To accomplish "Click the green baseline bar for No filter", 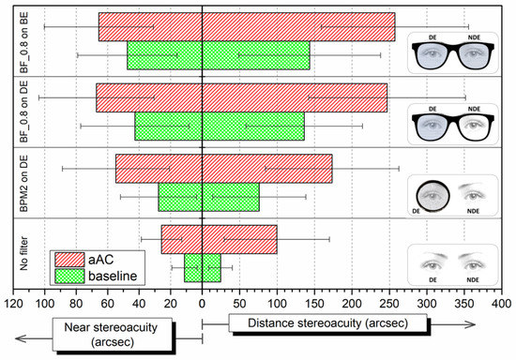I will point(202,267).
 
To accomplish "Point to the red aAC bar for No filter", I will point(219,239).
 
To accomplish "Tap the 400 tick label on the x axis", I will point(502,304).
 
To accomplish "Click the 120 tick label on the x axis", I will point(14,304).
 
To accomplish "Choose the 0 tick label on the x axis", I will point(202,304).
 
